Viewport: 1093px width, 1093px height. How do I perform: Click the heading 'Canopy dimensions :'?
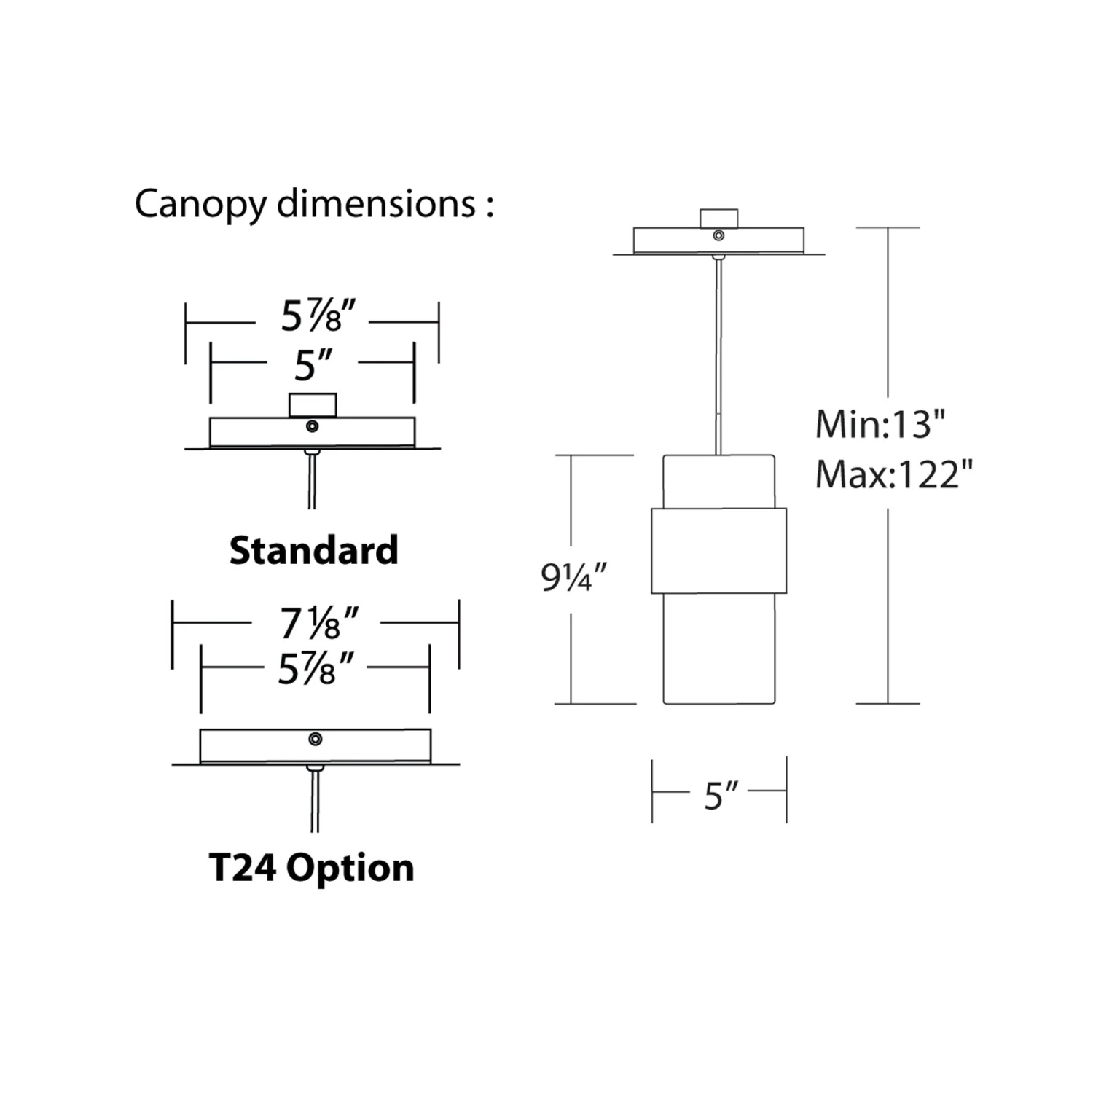coord(314,203)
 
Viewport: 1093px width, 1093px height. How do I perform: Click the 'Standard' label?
coord(313,550)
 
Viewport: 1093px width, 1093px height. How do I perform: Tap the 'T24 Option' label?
coord(311,867)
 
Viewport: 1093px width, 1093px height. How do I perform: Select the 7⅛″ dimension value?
coord(318,624)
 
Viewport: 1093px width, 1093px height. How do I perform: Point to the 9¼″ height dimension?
coord(573,578)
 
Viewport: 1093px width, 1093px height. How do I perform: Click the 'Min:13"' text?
coord(880,423)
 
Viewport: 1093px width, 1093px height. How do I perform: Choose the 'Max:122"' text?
coord(893,475)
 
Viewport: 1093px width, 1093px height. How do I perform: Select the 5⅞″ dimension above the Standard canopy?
coord(318,316)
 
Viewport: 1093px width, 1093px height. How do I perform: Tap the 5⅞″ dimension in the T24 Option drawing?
coord(316,668)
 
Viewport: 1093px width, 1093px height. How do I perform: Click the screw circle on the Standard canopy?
coord(313,426)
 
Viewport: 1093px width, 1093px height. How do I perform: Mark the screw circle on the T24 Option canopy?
coord(316,739)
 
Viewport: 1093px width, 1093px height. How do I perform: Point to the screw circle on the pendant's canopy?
coord(718,235)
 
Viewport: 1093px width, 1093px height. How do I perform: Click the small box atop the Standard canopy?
coord(313,405)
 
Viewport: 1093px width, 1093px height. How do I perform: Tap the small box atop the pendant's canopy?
coord(718,219)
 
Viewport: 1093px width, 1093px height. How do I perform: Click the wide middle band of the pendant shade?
coord(718,550)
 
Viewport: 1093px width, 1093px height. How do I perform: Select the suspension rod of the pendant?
coord(719,357)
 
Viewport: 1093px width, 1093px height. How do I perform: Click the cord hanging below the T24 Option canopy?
coord(315,802)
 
